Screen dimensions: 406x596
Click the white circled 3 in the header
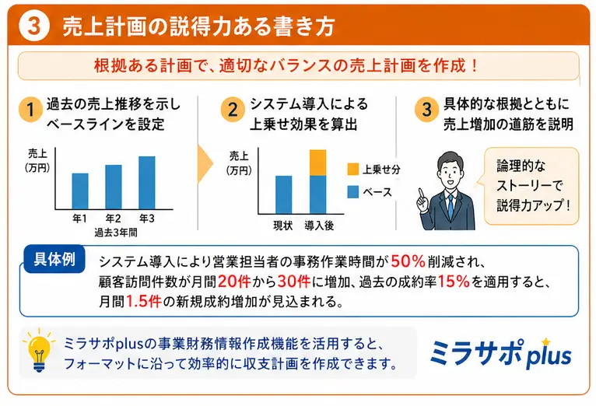tap(33, 26)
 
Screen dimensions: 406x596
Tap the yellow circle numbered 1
tap(28, 110)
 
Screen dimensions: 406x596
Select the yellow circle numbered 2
tap(230, 110)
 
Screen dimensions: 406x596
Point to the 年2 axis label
tap(114, 219)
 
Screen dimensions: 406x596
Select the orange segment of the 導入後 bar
tap(317, 163)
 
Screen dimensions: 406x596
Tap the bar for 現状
tap(284, 194)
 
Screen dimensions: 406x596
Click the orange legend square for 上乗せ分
tap(352, 167)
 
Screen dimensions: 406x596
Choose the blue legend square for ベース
tap(352, 191)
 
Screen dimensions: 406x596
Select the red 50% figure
tap(408, 261)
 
